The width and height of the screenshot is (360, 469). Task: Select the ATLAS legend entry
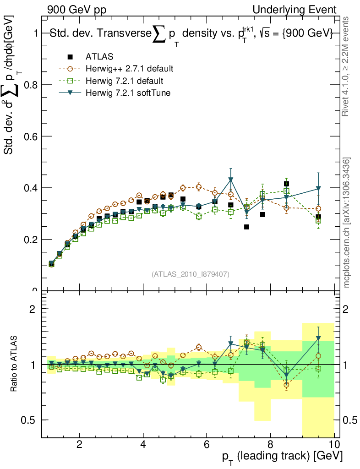click(99, 57)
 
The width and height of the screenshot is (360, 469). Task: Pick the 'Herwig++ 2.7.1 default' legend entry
click(129, 69)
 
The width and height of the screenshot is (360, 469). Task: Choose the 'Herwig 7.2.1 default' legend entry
click(124, 81)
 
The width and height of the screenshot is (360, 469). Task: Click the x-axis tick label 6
click(207, 445)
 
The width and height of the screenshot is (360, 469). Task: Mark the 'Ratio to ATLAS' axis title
click(15, 364)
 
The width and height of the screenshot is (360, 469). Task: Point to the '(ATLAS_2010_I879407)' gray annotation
click(191, 274)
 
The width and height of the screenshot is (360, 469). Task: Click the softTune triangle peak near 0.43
click(231, 179)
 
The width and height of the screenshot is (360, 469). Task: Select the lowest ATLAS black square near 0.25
click(246, 227)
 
